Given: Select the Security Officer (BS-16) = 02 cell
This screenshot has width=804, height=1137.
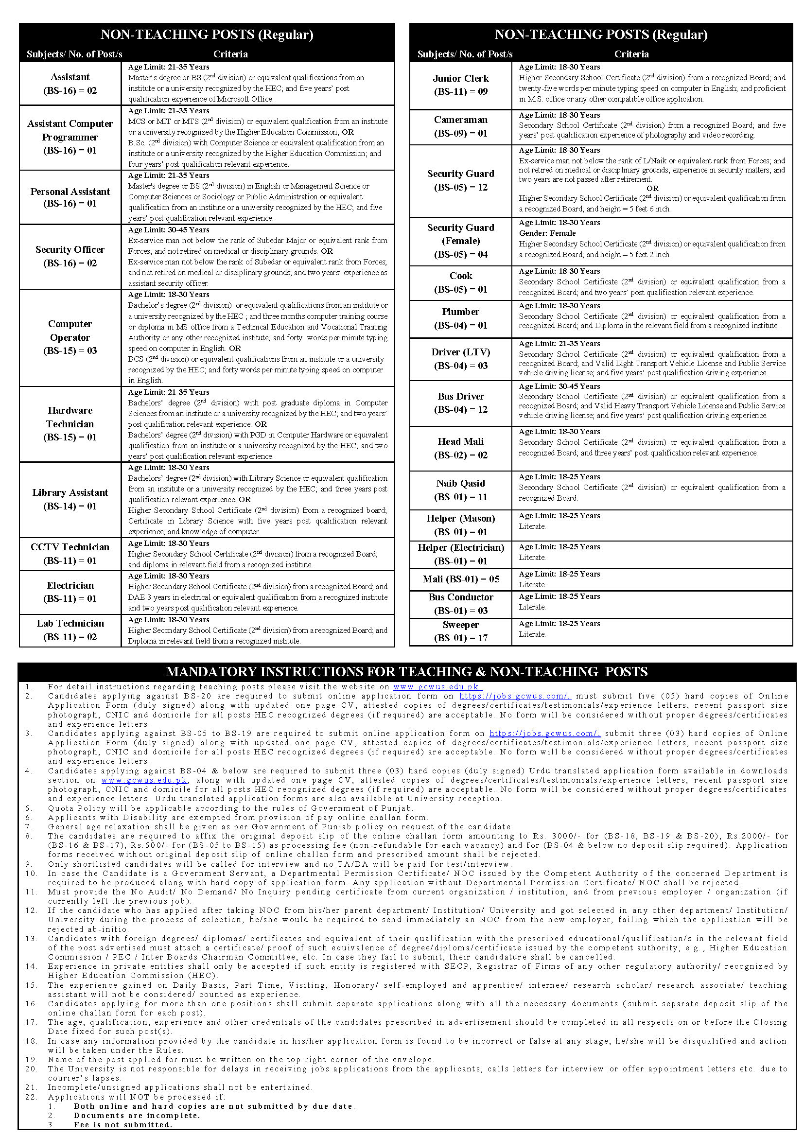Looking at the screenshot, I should coord(70,257).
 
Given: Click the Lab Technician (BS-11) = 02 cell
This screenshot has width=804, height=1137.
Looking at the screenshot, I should coord(70,630).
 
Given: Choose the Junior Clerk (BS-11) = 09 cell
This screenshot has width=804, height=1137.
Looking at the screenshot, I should coord(460,85).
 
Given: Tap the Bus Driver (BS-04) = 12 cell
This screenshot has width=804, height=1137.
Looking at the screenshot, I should coord(460,402).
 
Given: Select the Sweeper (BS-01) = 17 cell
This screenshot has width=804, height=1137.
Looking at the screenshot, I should coord(460,631).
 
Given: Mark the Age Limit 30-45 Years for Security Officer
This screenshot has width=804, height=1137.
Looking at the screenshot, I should coord(168,230).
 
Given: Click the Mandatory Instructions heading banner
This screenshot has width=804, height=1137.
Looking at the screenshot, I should coord(406,671).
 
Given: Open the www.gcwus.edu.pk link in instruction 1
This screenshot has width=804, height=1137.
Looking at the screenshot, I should coord(437,687).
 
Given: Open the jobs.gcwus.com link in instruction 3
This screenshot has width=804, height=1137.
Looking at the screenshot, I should coord(544,734).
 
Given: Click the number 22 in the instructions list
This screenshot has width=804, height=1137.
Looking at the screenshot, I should coord(31,1097).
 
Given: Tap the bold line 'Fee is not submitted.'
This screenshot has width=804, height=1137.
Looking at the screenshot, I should coord(123,1125).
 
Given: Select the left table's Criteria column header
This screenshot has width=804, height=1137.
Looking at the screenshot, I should coord(230,54).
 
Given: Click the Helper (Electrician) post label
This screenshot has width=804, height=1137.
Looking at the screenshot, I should coord(460,554).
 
